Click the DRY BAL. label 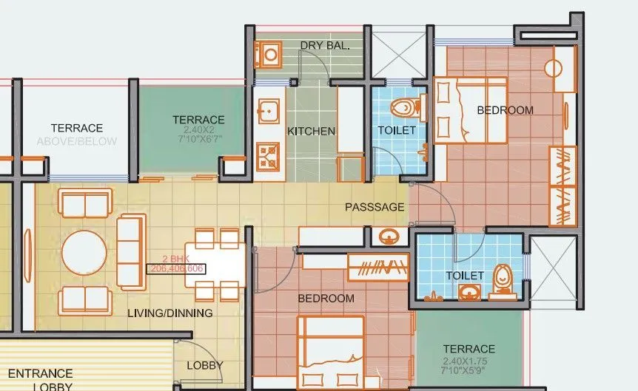pyautogui.click(x=325, y=46)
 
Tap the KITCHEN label pyautogui.click(x=311, y=131)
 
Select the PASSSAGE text pyautogui.click(x=375, y=207)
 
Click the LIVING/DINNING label pyautogui.click(x=170, y=313)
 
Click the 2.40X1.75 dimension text pyautogui.click(x=469, y=362)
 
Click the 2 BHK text pyautogui.click(x=176, y=259)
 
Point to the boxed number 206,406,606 pyautogui.click(x=178, y=269)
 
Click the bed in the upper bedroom pyautogui.click(x=469, y=110)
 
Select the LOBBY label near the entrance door pyautogui.click(x=204, y=365)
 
